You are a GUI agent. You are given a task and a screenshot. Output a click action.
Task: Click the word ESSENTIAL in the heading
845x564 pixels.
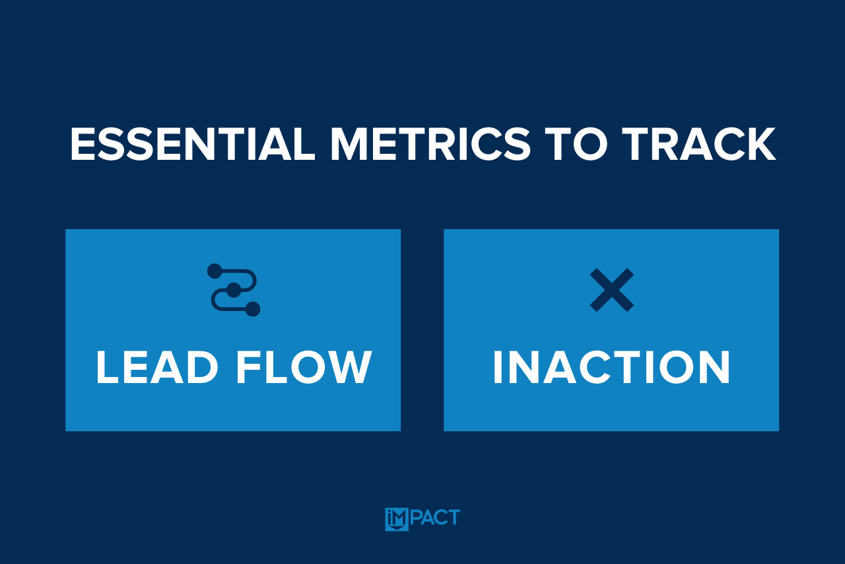click(192, 144)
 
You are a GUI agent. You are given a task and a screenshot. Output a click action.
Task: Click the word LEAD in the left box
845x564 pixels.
click(157, 367)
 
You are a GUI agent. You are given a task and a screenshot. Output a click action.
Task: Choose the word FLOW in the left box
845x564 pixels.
click(304, 367)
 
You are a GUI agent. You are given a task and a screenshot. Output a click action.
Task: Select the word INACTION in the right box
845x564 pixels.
click(611, 367)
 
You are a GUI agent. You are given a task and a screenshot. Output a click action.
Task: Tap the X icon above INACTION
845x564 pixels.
click(612, 290)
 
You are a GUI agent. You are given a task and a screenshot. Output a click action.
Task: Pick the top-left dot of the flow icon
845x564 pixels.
click(215, 271)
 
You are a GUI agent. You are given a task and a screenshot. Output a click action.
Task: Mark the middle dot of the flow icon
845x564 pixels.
click(234, 290)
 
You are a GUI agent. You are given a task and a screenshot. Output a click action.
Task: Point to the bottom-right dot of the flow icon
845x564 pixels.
click(253, 309)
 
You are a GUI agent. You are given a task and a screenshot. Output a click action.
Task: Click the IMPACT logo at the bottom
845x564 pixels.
click(422, 519)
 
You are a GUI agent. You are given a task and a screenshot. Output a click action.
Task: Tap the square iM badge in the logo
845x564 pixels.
click(397, 520)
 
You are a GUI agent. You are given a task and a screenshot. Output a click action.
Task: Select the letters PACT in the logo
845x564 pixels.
click(435, 517)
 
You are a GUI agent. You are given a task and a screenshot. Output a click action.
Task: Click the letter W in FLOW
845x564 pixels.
click(349, 367)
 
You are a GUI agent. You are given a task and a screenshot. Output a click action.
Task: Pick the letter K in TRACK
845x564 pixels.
click(760, 144)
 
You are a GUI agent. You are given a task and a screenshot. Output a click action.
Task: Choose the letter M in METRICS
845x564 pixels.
click(349, 144)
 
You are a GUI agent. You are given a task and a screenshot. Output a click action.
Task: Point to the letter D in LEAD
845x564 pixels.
click(202, 367)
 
